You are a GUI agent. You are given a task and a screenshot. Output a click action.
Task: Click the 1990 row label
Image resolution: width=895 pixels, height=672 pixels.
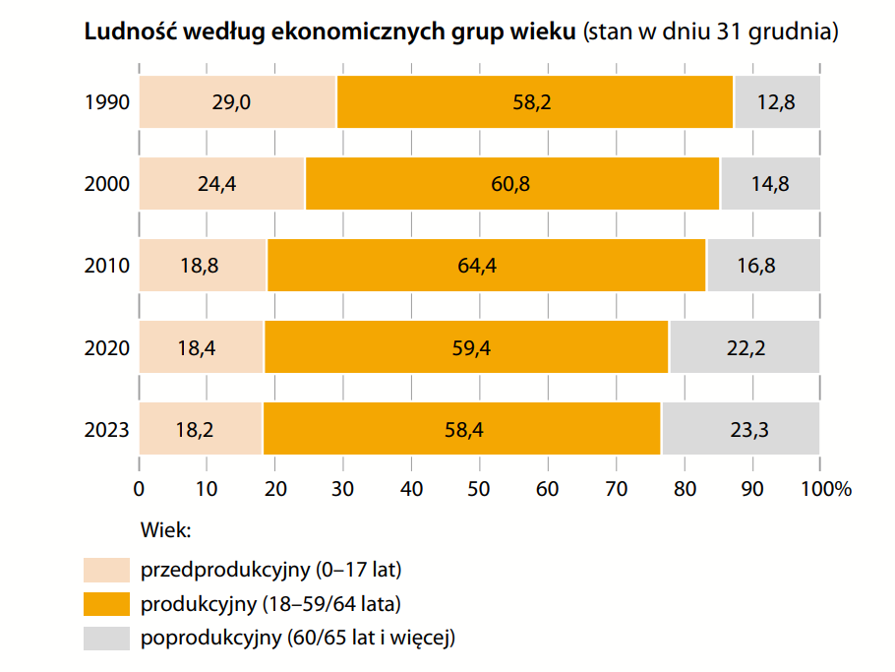click(107, 101)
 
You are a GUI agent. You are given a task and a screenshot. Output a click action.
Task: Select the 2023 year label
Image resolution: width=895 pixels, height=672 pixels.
click(107, 428)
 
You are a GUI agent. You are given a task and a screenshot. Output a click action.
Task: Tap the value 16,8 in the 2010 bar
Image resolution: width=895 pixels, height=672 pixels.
click(763, 266)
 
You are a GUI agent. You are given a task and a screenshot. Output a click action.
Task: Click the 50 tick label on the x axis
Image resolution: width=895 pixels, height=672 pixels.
click(479, 488)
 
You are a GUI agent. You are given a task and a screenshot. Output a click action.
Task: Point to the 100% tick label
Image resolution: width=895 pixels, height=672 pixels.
click(821, 488)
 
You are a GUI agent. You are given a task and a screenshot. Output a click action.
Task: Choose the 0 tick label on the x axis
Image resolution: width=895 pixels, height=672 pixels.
click(139, 488)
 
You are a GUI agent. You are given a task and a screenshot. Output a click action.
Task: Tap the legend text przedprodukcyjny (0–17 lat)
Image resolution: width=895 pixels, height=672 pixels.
click(271, 570)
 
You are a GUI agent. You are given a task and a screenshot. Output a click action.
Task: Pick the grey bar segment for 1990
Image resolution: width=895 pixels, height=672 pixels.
click(777, 101)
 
